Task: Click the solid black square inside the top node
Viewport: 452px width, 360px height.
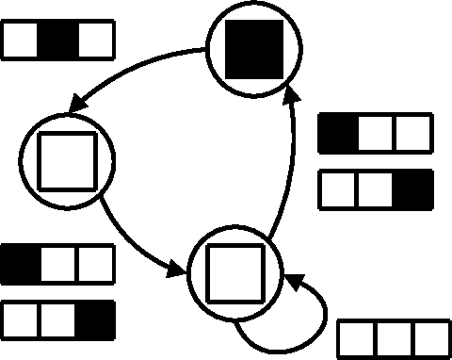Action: point(256,50)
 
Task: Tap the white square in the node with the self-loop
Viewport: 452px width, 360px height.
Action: point(230,271)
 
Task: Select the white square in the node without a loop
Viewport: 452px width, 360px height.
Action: point(66,158)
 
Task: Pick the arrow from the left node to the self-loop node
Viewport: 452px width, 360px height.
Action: point(122,236)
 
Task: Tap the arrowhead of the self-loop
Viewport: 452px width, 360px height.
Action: point(292,281)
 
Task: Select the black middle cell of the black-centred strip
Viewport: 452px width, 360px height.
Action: point(58,41)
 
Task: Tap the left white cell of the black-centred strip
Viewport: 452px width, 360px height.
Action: point(22,41)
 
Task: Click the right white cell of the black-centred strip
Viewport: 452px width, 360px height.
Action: point(95,41)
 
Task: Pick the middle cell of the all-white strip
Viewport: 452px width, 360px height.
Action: point(394,337)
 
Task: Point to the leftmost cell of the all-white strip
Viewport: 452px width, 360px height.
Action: point(357,337)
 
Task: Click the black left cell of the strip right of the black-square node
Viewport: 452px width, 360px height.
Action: point(338,133)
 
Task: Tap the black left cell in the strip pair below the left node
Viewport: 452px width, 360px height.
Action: point(21,262)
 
